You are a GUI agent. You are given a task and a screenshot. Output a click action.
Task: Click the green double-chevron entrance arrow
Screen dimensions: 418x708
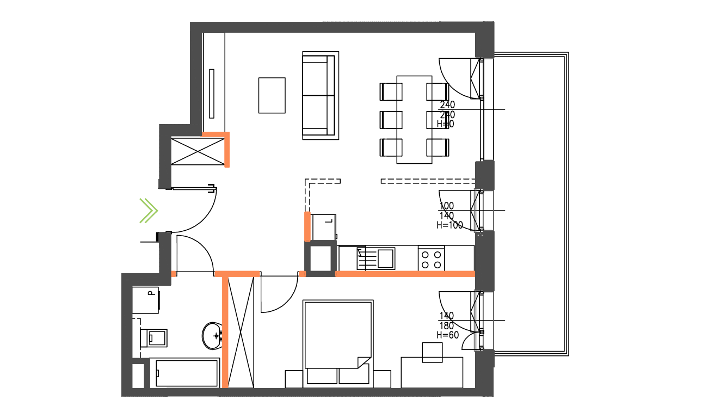tap(148, 211)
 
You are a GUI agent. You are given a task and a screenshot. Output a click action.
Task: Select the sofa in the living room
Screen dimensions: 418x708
tap(319, 95)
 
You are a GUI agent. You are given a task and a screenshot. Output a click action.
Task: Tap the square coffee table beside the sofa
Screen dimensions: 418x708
tap(272, 95)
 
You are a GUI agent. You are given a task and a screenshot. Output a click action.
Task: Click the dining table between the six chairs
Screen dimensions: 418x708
tap(414, 119)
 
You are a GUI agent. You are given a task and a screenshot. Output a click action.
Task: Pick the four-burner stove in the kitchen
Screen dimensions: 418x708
tap(431, 258)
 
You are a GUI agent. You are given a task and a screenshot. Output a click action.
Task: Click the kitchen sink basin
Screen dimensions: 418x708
tap(386, 258)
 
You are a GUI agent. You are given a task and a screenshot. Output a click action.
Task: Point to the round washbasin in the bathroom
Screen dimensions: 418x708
tap(212, 336)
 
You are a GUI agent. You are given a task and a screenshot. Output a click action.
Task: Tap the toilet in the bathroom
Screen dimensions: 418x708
tap(155, 337)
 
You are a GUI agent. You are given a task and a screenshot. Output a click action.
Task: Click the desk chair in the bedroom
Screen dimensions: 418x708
tap(433, 352)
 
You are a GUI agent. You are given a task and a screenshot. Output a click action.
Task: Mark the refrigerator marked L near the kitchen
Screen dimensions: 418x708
tap(324, 226)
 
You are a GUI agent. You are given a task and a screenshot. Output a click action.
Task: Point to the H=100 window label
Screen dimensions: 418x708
tap(450, 225)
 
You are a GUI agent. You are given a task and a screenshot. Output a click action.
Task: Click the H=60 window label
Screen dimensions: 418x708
tap(448, 335)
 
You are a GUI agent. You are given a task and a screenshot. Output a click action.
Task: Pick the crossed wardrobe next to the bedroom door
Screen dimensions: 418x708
tap(241, 332)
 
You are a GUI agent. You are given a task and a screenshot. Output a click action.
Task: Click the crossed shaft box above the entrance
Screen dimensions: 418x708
tap(198, 151)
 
